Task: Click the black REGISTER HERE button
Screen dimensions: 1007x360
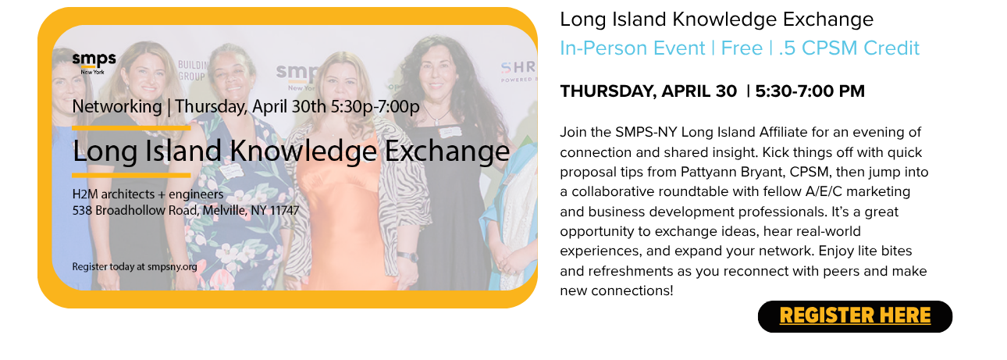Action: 855,316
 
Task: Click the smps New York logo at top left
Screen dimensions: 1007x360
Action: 94,63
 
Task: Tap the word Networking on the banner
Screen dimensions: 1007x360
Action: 117,107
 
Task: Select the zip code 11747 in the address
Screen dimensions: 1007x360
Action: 284,210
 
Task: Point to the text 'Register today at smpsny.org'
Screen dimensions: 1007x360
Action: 134,266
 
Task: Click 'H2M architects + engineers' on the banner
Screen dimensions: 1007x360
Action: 148,194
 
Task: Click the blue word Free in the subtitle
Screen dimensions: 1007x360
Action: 742,48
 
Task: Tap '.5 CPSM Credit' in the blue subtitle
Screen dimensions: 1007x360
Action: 849,48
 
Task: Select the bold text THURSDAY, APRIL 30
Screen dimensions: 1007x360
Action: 648,91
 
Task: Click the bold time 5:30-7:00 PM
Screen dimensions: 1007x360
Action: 810,91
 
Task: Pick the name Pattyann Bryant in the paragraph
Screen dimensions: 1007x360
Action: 732,173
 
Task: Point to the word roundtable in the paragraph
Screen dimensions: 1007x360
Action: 692,191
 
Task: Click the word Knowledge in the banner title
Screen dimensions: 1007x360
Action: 304,151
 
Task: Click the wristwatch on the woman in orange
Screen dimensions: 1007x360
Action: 407,257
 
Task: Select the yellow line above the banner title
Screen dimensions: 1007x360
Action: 131,128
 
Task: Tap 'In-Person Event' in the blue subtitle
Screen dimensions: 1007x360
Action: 632,48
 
